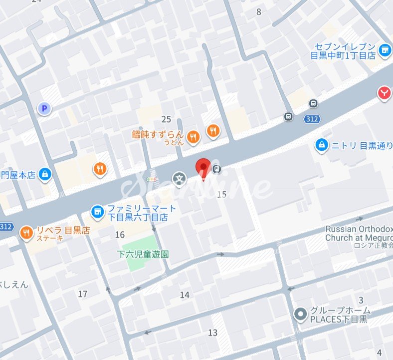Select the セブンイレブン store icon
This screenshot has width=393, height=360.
pyautogui.click(x=384, y=49)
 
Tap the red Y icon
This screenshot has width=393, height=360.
pyautogui.click(x=384, y=93)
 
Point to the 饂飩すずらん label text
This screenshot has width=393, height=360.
pyautogui.click(x=158, y=134)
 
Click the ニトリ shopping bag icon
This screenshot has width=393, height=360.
pyautogui.click(x=322, y=145)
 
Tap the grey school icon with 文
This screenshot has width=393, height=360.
pyautogui.click(x=179, y=178)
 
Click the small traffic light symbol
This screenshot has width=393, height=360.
pyautogui.click(x=152, y=179)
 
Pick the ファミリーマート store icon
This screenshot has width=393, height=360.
pyautogui.click(x=98, y=212)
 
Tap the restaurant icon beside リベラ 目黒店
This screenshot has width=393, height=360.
pyautogui.click(x=26, y=232)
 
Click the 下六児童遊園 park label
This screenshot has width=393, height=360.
pyautogui.click(x=143, y=254)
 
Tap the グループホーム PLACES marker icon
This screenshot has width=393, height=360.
pyautogui.click(x=300, y=314)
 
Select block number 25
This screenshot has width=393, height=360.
pyautogui.click(x=166, y=119)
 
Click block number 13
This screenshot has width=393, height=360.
pyautogui.click(x=213, y=333)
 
